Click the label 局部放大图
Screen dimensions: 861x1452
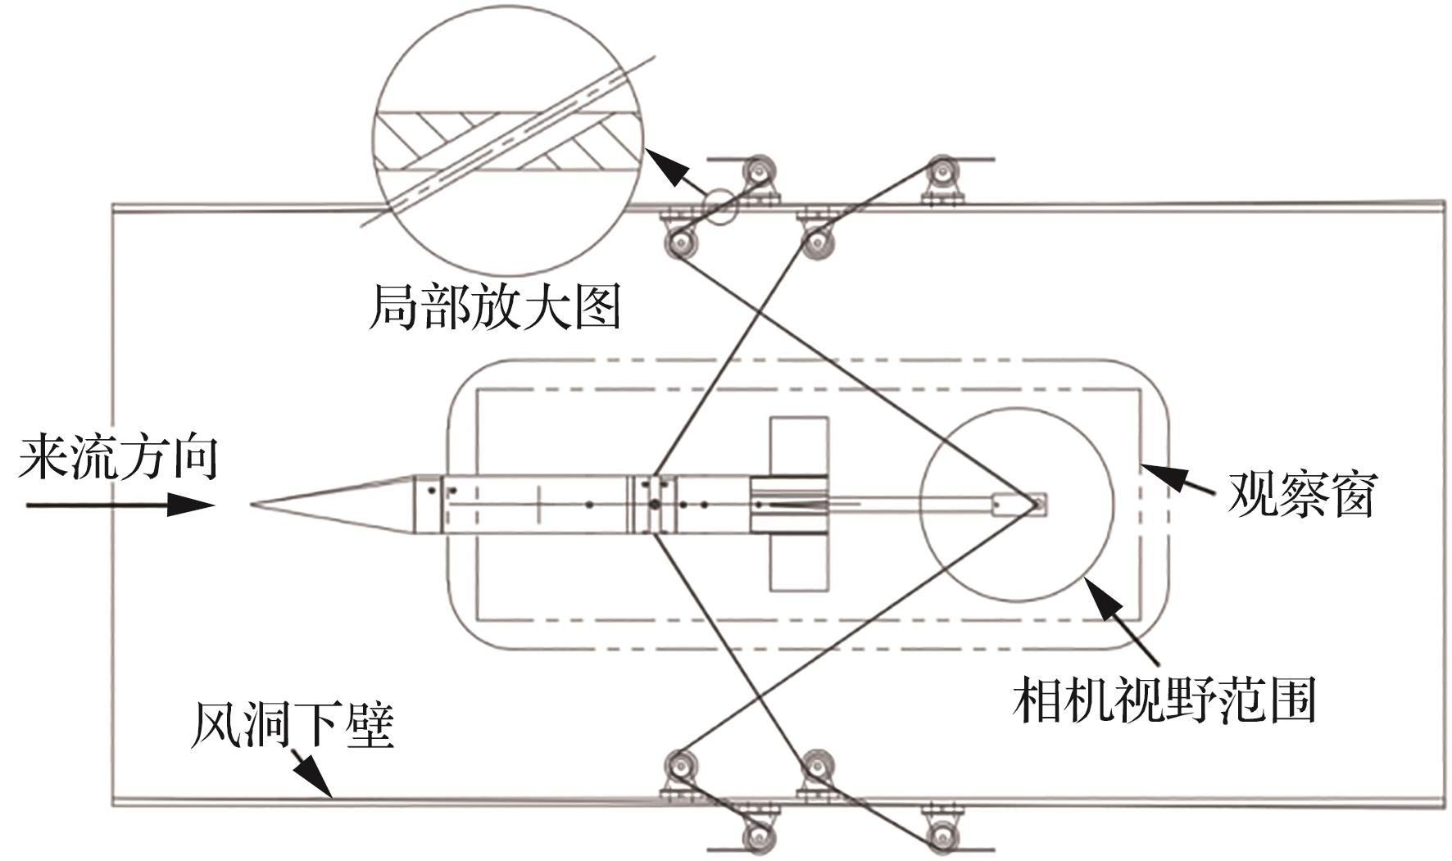click(494, 308)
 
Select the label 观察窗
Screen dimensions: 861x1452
click(1300, 493)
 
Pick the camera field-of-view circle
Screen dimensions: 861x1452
click(1016, 504)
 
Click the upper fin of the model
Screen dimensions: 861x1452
click(799, 446)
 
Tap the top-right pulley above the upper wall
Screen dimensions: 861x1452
click(943, 174)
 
